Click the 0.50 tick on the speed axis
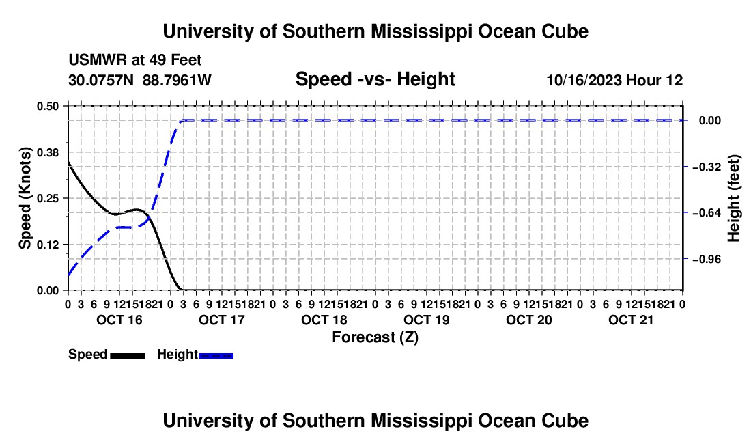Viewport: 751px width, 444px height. tap(47, 106)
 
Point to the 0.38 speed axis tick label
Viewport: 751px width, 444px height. tap(47, 152)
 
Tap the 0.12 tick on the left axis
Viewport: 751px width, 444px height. tap(47, 245)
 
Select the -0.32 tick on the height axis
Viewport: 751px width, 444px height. tap(706, 167)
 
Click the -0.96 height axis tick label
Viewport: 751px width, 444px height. tap(706, 259)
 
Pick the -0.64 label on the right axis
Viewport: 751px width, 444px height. tap(706, 212)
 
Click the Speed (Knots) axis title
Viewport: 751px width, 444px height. tap(25, 198)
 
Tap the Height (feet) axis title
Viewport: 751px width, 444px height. tap(733, 198)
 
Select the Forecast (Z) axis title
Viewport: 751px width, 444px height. tap(375, 337)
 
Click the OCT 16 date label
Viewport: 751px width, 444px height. tap(119, 320)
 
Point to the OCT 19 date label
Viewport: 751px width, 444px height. tap(427, 320)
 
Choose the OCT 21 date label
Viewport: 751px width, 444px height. tap(631, 320)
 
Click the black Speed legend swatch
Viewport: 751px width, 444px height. tap(128, 356)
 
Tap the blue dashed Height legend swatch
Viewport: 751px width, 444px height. tap(216, 356)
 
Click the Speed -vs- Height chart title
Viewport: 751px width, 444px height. tap(375, 79)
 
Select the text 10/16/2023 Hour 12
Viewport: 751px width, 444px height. tap(614, 80)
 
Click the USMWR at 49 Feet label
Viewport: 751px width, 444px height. tap(135, 60)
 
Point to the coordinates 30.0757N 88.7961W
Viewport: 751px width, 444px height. tap(140, 80)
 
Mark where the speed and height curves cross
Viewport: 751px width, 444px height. tap(149, 217)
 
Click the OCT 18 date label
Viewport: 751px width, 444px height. tap(324, 320)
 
